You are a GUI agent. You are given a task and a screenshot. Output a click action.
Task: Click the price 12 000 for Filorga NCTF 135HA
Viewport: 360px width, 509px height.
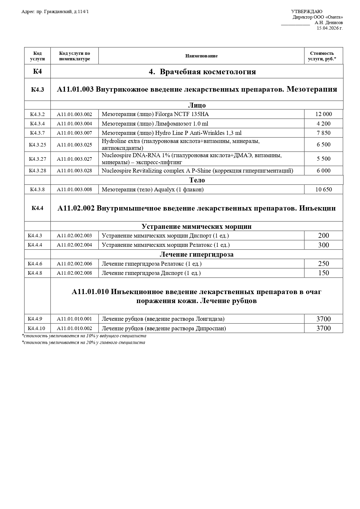coord(323,114)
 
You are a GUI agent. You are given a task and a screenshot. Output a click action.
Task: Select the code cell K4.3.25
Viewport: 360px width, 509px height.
coord(37,145)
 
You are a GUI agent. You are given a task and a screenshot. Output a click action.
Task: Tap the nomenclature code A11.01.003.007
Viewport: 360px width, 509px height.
coord(74,133)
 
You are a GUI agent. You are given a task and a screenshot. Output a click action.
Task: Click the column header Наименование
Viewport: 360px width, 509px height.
coord(201,56)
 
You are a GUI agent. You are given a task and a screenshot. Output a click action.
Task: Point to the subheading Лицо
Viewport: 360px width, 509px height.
coord(197,105)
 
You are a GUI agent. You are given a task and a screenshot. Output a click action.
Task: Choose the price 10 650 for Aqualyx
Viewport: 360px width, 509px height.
coord(323,189)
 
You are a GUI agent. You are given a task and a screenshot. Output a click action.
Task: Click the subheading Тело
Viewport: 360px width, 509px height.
coord(197,180)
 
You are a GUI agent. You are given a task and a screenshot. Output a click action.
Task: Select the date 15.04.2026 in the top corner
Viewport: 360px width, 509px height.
coord(330,28)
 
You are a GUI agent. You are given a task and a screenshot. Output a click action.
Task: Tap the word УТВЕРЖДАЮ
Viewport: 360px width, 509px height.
coord(307,12)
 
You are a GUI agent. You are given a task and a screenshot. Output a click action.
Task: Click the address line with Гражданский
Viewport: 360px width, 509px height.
coord(55,12)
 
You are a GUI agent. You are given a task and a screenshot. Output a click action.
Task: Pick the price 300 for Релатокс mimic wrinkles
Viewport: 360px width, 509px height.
coord(323,245)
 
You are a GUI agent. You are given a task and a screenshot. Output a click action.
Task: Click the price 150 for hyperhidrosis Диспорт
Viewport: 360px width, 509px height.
coord(323,273)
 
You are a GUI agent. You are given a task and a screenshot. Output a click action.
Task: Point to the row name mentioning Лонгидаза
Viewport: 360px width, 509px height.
coord(163,319)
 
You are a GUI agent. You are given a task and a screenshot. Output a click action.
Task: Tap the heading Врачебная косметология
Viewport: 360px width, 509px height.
coord(202,72)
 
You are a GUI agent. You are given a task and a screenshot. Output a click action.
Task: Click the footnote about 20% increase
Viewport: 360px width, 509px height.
coord(83,343)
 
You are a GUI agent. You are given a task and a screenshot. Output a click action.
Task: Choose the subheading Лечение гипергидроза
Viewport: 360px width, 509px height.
coord(196,254)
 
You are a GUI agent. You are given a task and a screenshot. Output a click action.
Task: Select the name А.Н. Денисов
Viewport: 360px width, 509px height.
coord(328,23)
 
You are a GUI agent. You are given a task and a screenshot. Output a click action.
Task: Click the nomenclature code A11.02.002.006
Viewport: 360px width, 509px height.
coord(74,264)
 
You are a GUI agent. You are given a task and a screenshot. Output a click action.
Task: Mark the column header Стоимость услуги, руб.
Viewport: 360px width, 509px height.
coord(322,56)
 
